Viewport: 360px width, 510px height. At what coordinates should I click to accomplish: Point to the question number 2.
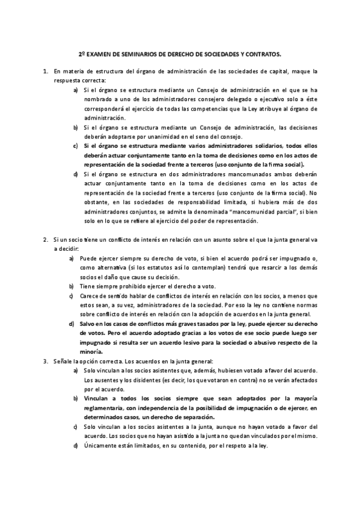(45, 239)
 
